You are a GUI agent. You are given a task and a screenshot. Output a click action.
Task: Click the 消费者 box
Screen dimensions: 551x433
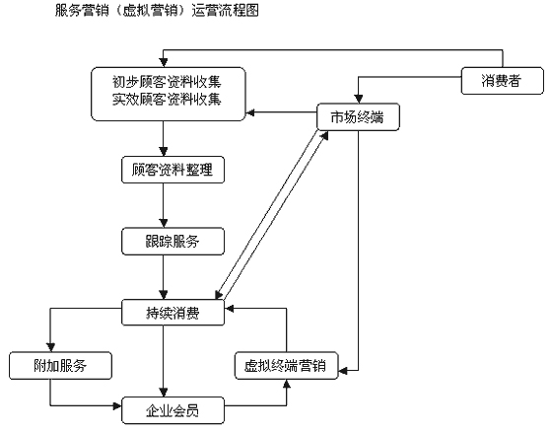[x=502, y=81]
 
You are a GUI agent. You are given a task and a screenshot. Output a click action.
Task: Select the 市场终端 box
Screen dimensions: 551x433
[x=358, y=116]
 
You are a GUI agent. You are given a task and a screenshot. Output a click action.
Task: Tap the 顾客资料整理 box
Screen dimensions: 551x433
[x=172, y=170]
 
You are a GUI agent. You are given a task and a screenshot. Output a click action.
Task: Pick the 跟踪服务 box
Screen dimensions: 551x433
[x=172, y=242]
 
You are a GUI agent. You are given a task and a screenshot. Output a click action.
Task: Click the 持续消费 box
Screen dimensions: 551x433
[x=172, y=313]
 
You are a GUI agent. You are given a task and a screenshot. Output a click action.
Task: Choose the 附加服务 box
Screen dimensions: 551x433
[x=60, y=366]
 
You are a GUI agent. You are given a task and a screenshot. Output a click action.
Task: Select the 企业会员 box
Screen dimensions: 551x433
[x=172, y=410]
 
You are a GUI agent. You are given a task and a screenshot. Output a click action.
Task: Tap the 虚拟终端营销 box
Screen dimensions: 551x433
[x=286, y=366]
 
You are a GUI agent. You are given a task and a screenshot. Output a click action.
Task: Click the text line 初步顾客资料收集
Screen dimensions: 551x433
[x=167, y=82]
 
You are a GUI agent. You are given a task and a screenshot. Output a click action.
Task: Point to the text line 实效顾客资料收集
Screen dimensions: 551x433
[x=167, y=100]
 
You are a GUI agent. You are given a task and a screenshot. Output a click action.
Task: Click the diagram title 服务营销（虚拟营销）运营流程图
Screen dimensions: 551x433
[x=157, y=10]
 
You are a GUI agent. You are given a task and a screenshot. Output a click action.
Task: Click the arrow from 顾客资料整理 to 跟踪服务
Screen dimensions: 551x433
[x=163, y=205]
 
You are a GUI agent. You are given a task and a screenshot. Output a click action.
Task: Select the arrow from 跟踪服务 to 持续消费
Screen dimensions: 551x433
[x=163, y=277]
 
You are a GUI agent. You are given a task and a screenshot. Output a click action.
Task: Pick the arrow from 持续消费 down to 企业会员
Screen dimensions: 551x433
[x=163, y=361]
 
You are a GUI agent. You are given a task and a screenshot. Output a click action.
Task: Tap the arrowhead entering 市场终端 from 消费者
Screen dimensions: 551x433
[x=358, y=99]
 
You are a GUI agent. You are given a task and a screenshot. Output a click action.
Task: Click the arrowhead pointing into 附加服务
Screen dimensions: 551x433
[x=50, y=347]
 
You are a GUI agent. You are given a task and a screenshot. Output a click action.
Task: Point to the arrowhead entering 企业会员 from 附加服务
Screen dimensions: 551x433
[x=117, y=406]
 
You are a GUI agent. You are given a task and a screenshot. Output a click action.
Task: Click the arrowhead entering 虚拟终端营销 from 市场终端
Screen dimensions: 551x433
[x=343, y=371]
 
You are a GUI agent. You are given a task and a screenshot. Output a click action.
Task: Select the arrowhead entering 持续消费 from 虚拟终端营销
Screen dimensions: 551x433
[x=229, y=309]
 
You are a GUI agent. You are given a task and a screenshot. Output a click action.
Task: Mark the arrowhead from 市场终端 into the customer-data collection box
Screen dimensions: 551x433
[x=249, y=112]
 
